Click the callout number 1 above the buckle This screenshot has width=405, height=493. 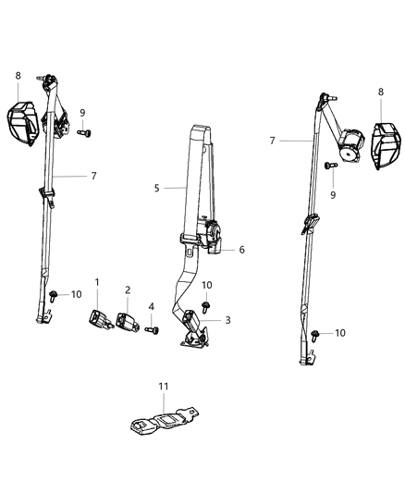tap(96, 282)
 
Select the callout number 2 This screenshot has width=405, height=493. tap(128, 290)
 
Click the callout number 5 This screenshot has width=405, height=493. tap(157, 188)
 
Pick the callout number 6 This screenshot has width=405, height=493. tap(242, 249)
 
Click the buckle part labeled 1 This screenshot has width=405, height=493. tap(97, 320)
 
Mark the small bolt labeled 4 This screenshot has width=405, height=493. tap(151, 328)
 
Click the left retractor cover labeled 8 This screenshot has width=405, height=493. tap(23, 120)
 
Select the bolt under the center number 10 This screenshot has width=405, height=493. tap(205, 303)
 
